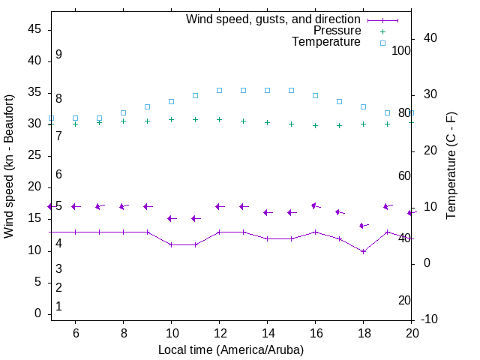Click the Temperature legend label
[x=326, y=42]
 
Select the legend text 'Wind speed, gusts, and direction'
[x=274, y=19]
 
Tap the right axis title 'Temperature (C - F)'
[x=451, y=166]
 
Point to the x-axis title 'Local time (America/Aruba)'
[x=231, y=349]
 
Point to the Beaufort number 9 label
[x=58, y=55]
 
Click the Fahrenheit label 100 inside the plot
[x=401, y=50]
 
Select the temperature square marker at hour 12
[x=219, y=90]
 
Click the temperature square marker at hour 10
[x=171, y=101]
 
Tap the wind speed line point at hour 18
[x=363, y=251]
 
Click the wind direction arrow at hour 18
[x=363, y=225]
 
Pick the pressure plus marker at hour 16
[x=315, y=125]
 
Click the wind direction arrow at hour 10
[x=171, y=218]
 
